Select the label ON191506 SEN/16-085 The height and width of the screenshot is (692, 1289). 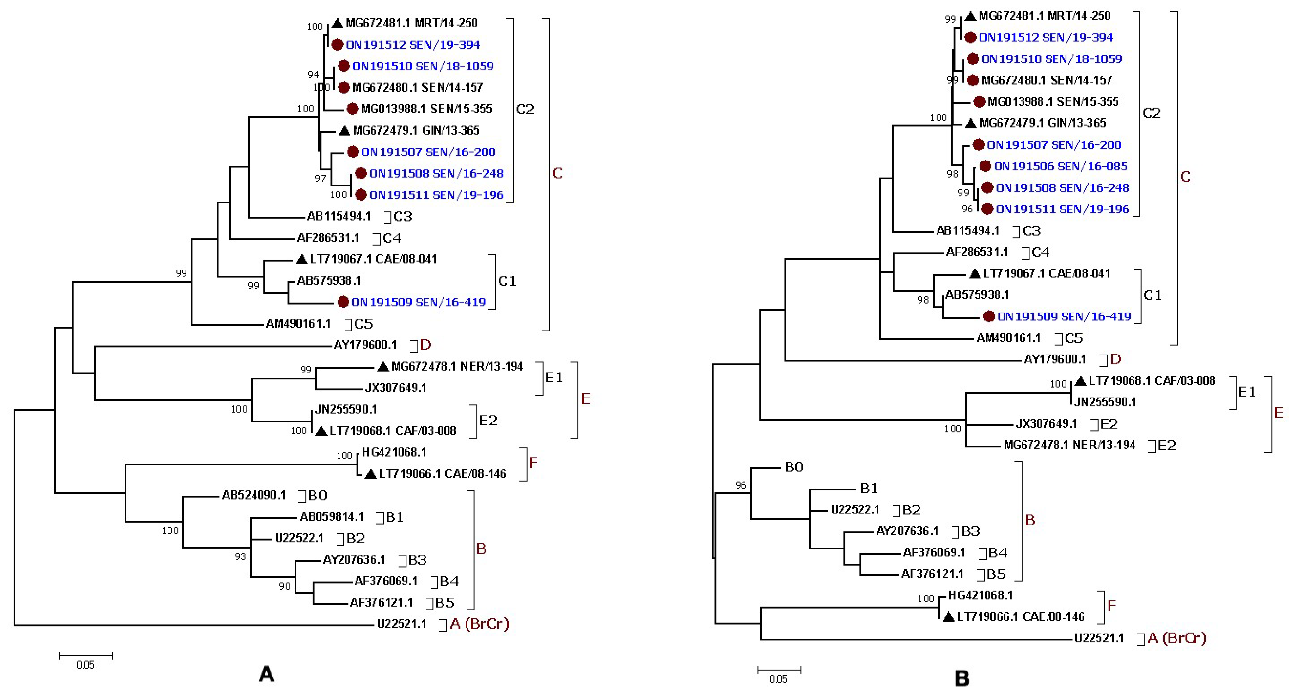(x=1060, y=166)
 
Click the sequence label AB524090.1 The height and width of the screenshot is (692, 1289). (x=254, y=495)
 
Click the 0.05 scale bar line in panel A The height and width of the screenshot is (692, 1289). (x=86, y=655)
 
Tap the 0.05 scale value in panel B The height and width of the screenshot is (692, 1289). (x=778, y=679)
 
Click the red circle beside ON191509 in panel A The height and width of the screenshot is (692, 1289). (x=343, y=302)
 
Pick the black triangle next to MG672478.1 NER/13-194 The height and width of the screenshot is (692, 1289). (x=383, y=367)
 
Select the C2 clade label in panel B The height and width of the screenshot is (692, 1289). (x=1152, y=113)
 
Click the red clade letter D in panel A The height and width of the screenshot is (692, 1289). (x=425, y=345)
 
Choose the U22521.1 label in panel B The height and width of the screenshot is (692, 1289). (x=1099, y=639)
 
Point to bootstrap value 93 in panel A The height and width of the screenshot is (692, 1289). (x=240, y=556)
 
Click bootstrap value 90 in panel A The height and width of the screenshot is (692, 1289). (x=284, y=586)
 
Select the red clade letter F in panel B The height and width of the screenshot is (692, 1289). (x=1111, y=606)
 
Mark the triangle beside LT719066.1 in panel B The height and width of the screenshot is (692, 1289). (x=948, y=617)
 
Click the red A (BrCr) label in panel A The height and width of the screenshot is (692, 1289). (x=479, y=624)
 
